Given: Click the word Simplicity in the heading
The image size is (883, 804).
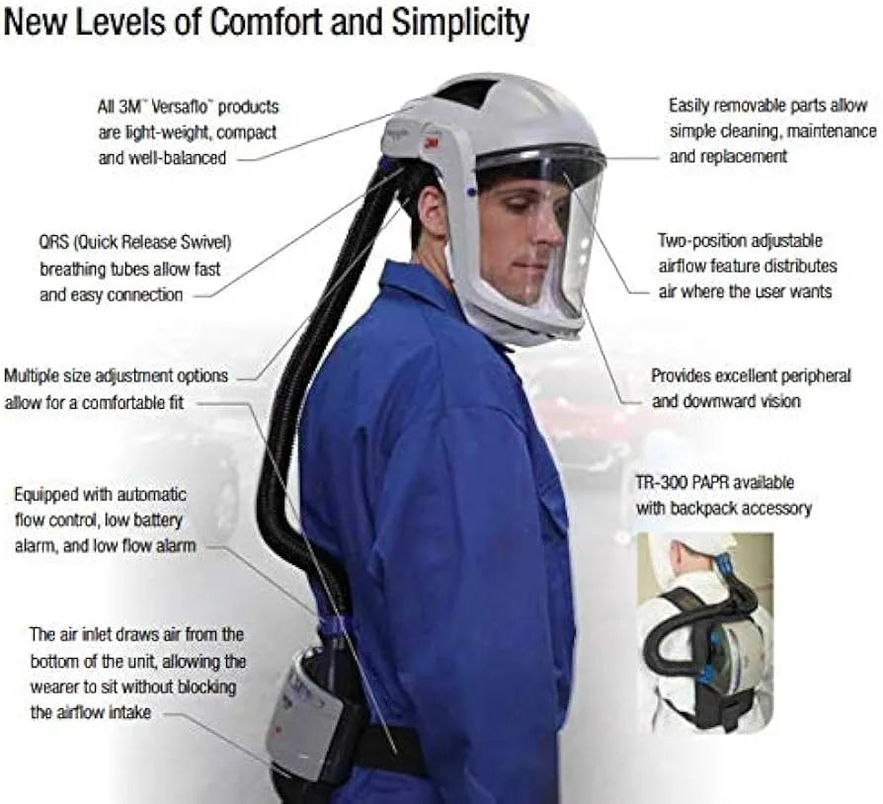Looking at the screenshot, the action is point(460,23).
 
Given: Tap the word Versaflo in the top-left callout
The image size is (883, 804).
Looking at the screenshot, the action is point(184,107).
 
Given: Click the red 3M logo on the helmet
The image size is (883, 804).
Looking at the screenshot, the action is point(433,143).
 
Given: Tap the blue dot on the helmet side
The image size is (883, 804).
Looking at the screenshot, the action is point(471,193).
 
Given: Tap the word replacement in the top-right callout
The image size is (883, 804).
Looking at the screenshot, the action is point(728,156).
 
